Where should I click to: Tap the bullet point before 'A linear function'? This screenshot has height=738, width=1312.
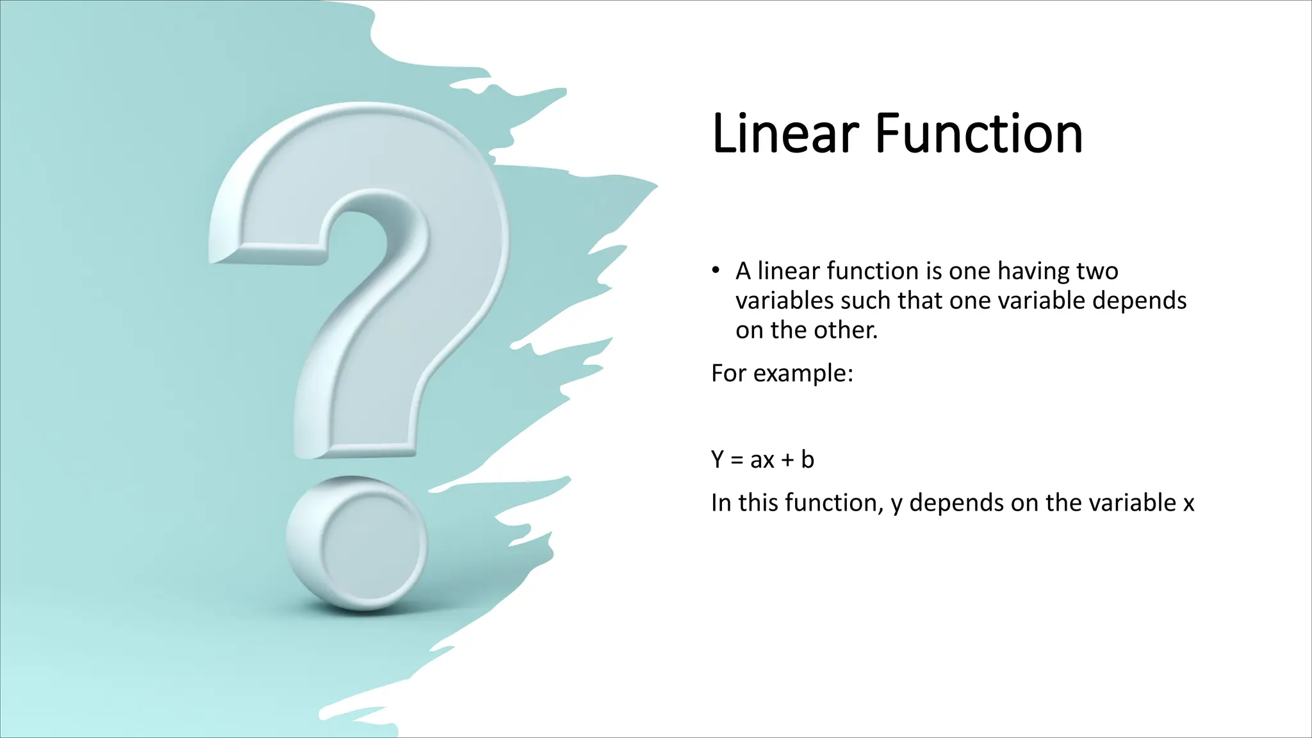pos(716,270)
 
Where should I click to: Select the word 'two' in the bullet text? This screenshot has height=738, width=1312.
pos(1097,271)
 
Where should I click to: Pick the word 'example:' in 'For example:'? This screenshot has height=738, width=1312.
pos(803,373)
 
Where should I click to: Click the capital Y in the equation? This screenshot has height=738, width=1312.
pos(717,459)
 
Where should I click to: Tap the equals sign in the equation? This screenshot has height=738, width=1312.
pos(737,460)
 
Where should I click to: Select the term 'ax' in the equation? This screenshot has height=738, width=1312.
pos(762,460)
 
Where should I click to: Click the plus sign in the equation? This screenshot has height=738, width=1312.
pos(787,460)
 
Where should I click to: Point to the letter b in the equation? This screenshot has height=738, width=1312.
pos(807,459)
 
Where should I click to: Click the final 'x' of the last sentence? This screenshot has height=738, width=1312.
pos(1188,503)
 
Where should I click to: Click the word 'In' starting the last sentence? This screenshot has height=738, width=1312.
pos(721,503)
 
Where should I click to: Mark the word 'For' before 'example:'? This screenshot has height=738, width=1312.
pos(728,373)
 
